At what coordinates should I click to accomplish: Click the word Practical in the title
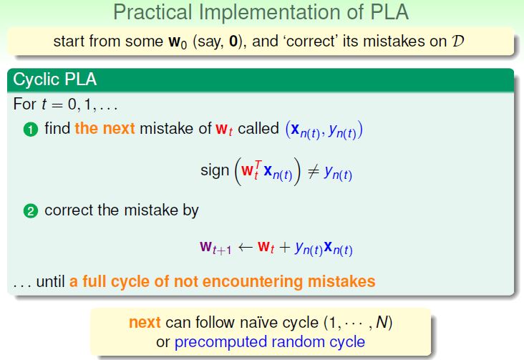point(152,12)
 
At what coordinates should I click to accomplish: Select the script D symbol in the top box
point(457,41)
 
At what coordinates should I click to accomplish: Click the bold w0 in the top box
point(178,42)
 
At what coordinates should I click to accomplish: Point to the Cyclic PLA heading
point(55,79)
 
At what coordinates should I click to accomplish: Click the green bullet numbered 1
point(30,130)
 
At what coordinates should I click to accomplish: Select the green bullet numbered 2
point(30,211)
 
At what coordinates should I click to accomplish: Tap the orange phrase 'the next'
point(105,128)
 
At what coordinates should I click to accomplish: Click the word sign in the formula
point(215,171)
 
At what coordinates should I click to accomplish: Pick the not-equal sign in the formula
point(313,172)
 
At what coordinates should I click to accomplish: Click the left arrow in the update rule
point(245,248)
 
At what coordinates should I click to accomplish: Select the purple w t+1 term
point(215,248)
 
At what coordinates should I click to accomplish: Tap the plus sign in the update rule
point(285,248)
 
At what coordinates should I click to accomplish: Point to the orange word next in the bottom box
point(145,322)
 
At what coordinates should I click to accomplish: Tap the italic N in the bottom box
point(382,322)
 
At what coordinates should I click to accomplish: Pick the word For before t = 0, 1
point(25,104)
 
